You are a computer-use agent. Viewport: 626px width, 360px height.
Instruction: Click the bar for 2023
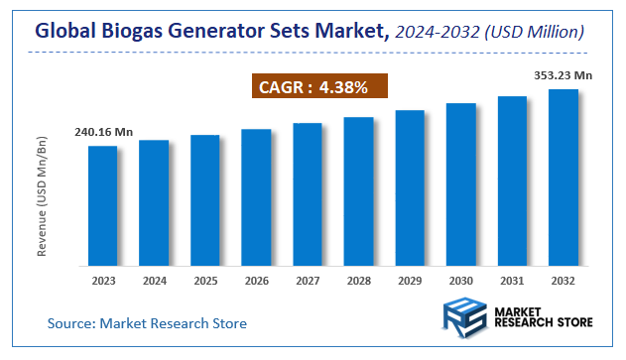point(102,206)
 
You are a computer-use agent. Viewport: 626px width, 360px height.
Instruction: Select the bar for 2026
point(256,197)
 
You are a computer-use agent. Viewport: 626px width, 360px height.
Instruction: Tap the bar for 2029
point(410,188)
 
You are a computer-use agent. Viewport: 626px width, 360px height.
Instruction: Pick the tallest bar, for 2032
point(563,178)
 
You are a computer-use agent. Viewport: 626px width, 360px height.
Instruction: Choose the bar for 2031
point(512,181)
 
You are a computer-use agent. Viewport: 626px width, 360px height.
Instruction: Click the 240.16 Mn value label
point(102,131)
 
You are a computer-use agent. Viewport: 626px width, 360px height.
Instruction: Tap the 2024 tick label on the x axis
point(154,280)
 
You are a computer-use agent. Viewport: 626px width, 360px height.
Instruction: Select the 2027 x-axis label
point(308,280)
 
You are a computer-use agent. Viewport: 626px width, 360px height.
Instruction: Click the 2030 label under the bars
point(461,280)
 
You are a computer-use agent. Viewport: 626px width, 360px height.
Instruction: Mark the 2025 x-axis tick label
point(204,280)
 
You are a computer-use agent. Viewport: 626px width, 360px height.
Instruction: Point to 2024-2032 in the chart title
point(433,32)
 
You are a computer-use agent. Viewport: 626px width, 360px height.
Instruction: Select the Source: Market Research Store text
point(147,323)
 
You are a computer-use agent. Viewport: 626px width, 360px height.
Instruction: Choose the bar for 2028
point(358,191)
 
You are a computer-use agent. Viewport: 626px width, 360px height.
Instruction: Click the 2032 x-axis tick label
point(563,280)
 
